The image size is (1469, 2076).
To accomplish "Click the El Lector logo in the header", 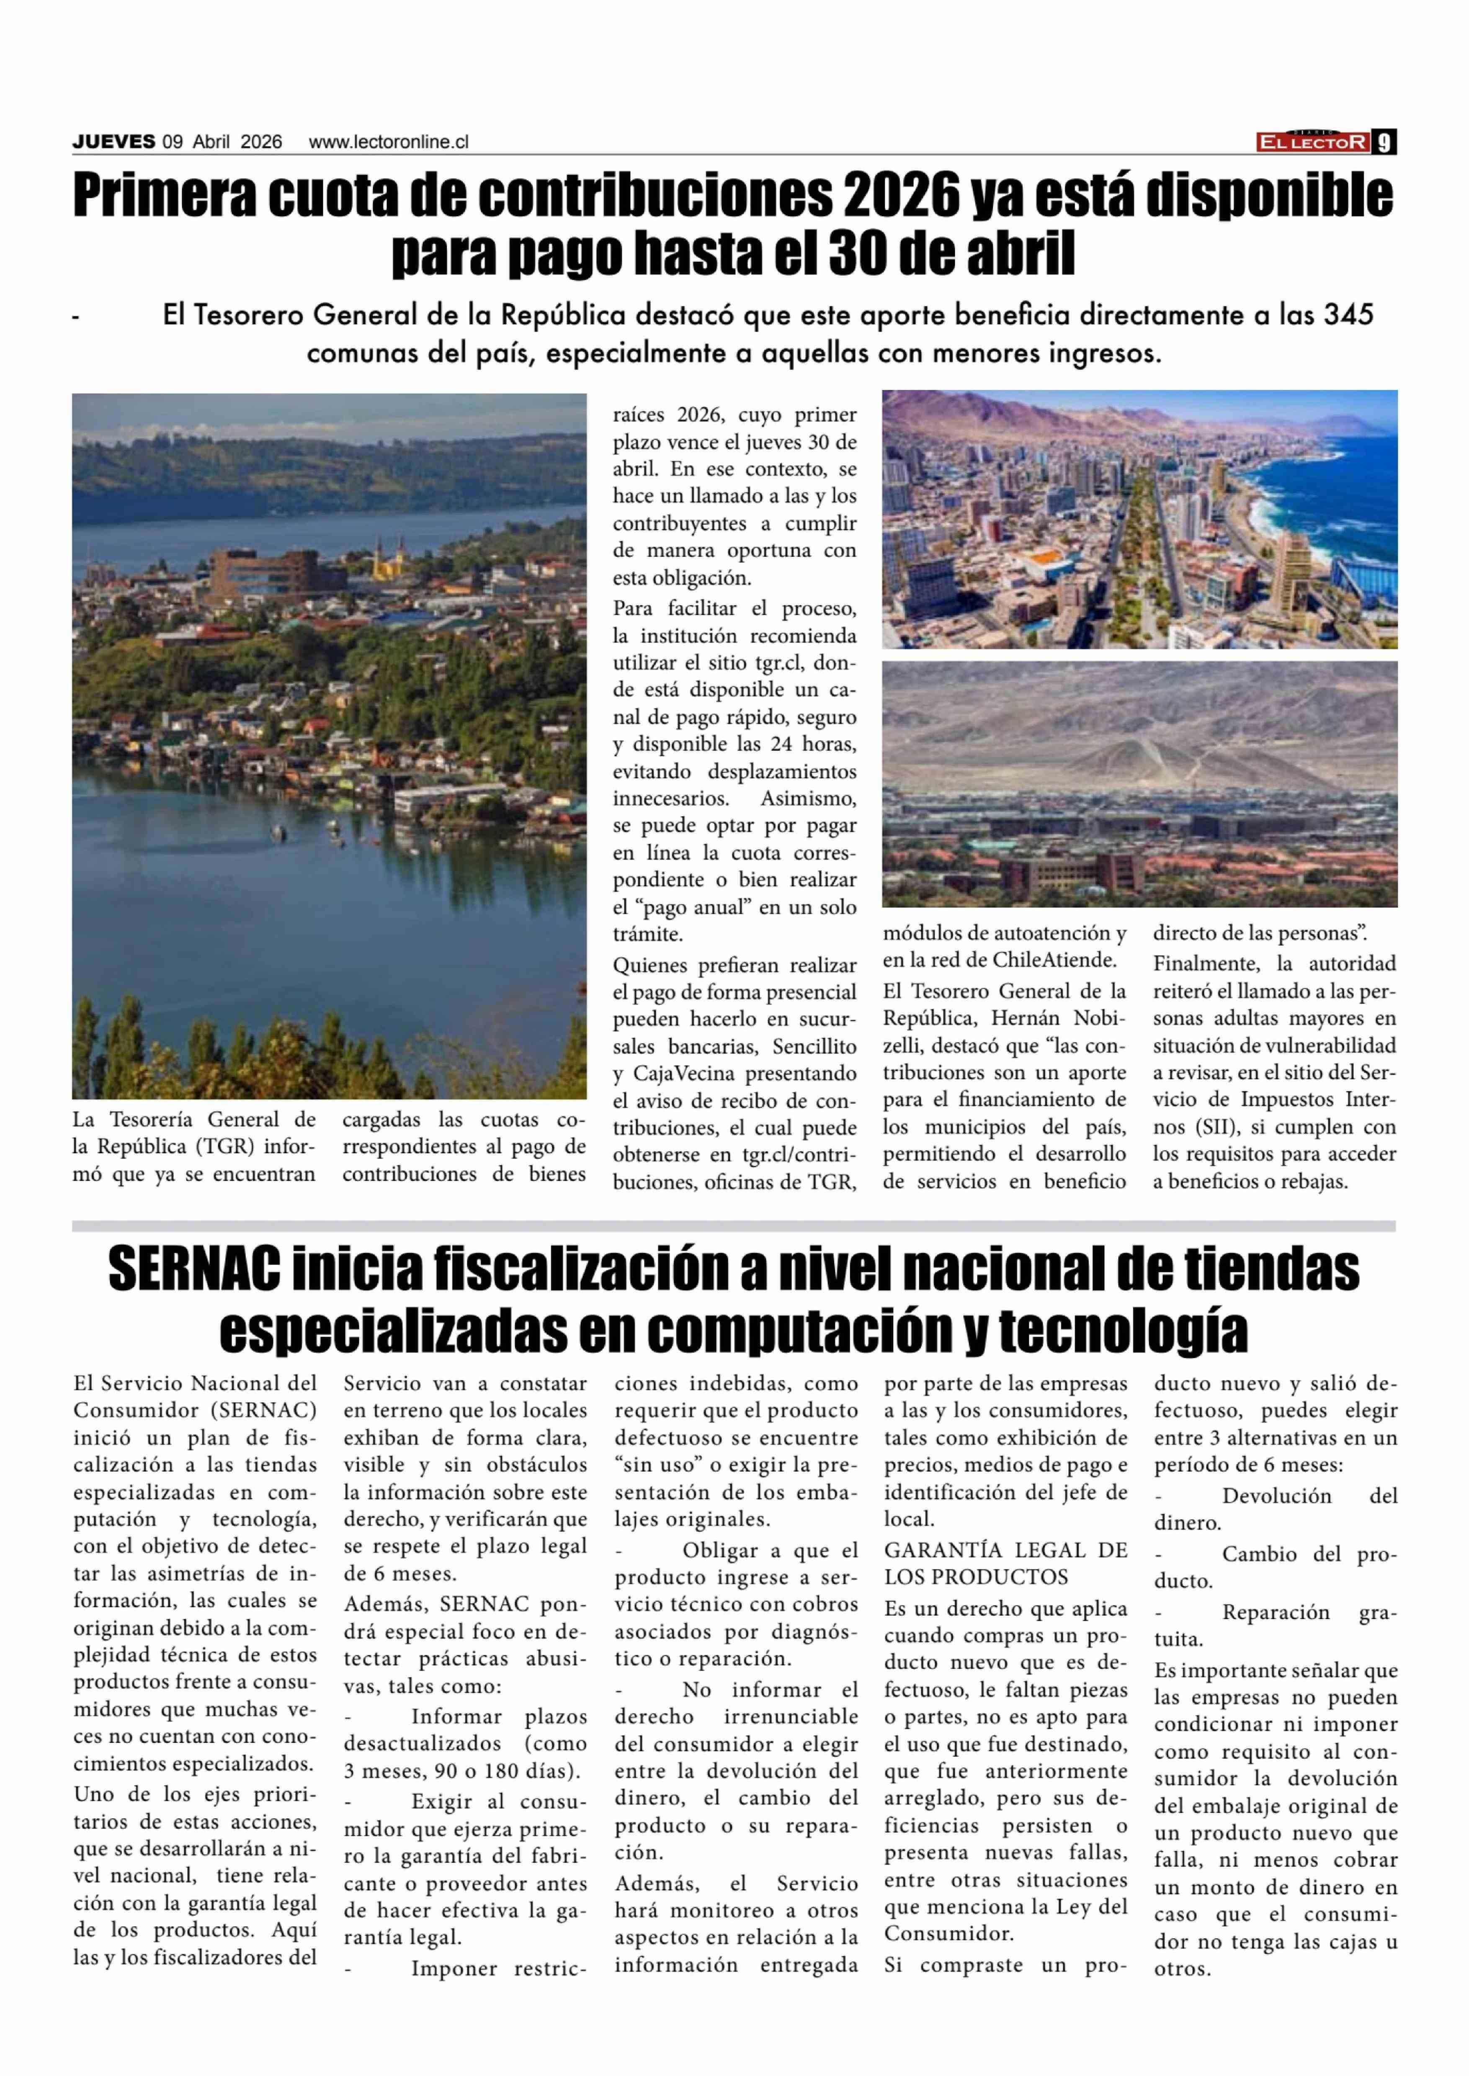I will click(1312, 142).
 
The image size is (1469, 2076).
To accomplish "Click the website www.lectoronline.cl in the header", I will click(389, 142).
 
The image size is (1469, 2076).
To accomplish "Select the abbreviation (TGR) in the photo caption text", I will click(222, 1147).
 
